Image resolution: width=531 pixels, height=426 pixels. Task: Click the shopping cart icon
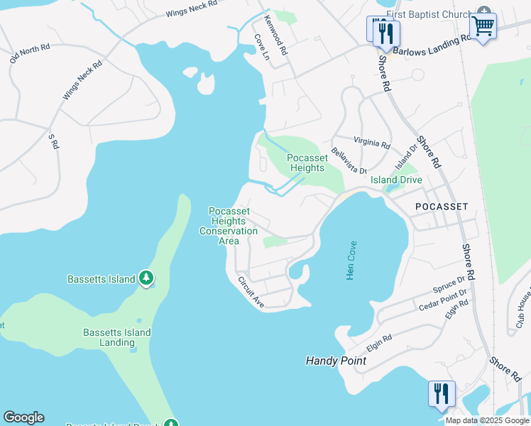click(483, 26)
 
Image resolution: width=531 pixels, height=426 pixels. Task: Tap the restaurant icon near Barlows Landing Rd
click(386, 33)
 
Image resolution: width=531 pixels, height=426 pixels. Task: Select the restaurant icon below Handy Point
click(441, 393)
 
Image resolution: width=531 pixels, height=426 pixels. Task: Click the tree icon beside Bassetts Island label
click(146, 278)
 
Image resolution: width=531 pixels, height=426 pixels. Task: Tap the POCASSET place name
click(442, 206)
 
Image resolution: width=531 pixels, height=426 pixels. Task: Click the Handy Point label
click(336, 361)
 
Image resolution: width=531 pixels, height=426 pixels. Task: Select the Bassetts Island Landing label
click(117, 337)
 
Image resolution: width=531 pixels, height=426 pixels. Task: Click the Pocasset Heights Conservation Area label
click(229, 226)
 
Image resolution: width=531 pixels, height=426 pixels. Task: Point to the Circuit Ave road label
click(251, 292)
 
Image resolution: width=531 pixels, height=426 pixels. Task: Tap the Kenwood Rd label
click(275, 35)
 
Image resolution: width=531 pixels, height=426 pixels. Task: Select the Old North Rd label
click(30, 54)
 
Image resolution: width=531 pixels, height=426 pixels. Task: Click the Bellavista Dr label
click(347, 165)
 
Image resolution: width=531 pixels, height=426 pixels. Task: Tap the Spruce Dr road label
click(448, 285)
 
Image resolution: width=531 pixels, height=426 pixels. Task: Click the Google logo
click(23, 417)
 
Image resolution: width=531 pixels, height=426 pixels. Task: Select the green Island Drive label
click(396, 180)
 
